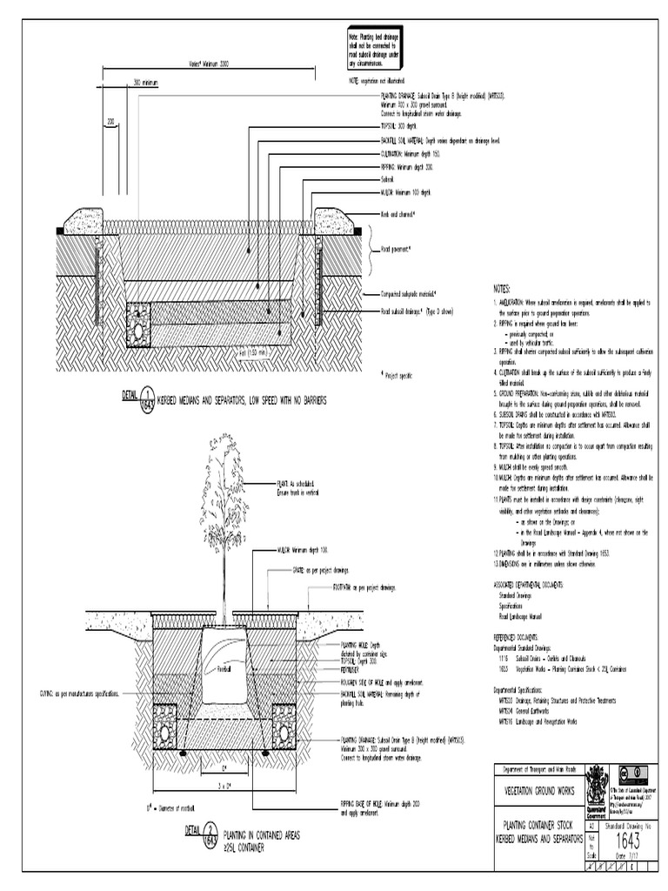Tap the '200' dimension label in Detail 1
(x=111, y=122)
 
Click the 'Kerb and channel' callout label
(x=397, y=213)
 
